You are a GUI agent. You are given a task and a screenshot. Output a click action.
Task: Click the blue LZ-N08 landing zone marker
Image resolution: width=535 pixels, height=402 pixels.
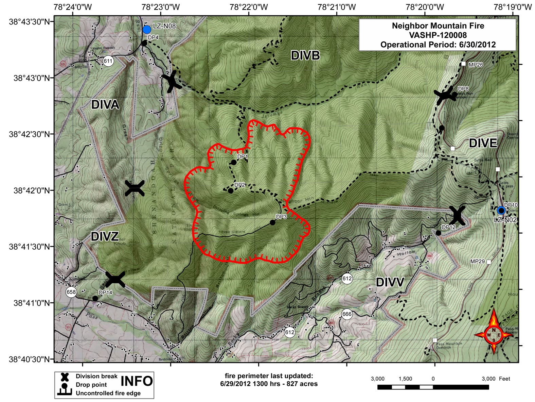point(147,30)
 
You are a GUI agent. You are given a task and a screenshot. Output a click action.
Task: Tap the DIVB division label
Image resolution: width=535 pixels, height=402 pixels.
point(305,55)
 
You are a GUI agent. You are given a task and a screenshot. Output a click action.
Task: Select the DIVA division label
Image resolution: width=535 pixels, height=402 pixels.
point(105,105)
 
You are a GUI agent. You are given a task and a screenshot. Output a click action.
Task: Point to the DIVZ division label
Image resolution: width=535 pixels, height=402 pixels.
point(105,236)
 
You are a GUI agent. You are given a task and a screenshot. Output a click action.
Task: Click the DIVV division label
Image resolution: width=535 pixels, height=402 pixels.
point(390,282)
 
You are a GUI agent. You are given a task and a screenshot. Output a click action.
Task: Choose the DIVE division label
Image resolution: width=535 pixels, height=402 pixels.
point(483,143)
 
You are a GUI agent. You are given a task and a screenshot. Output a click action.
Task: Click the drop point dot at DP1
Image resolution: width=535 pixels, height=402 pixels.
point(234,162)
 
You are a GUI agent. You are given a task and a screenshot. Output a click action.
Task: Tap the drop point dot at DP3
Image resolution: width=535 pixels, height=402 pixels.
point(272,222)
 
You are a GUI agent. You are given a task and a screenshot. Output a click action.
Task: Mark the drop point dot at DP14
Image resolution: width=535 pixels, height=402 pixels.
point(95,298)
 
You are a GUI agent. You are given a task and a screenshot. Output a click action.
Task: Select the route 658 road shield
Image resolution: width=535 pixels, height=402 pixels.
point(71,292)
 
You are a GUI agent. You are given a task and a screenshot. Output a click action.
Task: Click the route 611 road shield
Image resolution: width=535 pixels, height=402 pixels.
point(108,61)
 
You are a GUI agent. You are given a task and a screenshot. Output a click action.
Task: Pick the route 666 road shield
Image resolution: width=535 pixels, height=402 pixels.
point(347,314)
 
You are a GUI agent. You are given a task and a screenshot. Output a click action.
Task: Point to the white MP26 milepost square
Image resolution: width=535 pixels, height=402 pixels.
point(463,64)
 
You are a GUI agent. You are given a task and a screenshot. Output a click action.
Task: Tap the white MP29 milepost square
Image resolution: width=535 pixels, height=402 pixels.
point(489,262)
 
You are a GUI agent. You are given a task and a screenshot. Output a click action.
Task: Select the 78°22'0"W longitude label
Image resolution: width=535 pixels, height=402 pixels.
point(249,7)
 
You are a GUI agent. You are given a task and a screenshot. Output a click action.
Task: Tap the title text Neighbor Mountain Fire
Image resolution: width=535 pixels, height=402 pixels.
point(438,26)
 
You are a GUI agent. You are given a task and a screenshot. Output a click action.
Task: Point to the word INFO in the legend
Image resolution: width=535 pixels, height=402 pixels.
point(137,381)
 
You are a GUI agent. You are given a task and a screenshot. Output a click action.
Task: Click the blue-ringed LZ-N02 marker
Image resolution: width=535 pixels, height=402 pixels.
point(501,211)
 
